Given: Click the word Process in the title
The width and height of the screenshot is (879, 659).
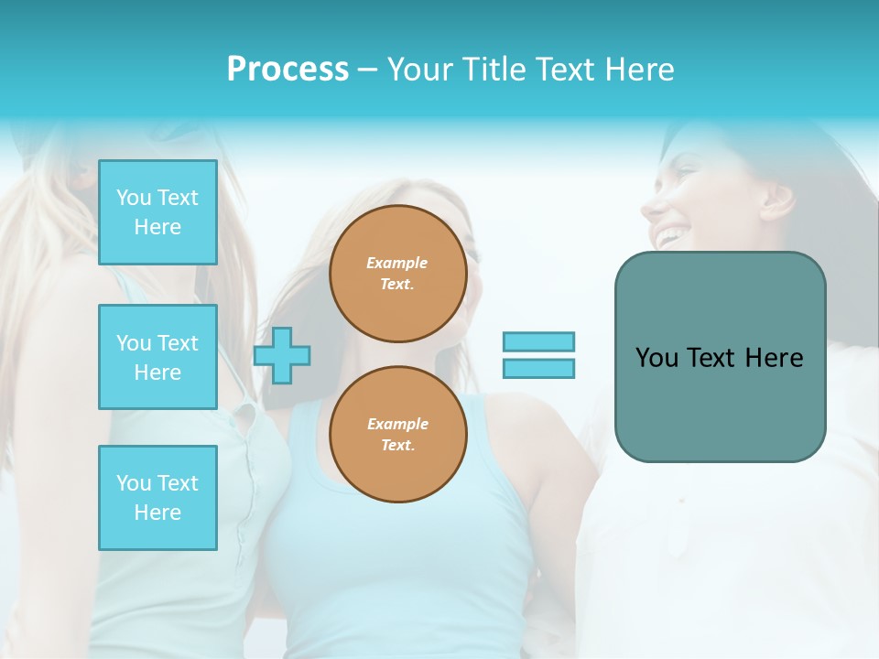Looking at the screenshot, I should [288, 70].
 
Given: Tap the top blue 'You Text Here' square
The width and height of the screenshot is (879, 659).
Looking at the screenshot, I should [157, 212].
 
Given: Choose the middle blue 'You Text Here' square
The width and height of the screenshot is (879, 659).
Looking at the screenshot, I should [157, 357].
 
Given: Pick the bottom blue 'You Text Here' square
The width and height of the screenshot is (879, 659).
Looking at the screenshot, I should [157, 498].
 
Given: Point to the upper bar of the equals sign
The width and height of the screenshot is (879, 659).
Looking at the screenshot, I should [538, 341].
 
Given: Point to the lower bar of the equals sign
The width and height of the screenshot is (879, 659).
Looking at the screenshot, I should [538, 368].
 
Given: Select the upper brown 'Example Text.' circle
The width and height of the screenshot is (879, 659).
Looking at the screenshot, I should [397, 274].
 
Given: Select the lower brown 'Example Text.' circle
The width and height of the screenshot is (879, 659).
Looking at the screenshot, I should [397, 435].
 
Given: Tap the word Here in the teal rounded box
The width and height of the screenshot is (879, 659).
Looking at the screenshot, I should [774, 358].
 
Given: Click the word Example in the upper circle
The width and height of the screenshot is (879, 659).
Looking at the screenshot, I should [397, 263].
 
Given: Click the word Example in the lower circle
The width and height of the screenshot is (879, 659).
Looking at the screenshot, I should [397, 424].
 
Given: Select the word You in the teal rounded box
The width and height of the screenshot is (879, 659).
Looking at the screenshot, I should [657, 358].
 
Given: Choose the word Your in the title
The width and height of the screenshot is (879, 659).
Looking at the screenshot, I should [419, 70].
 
